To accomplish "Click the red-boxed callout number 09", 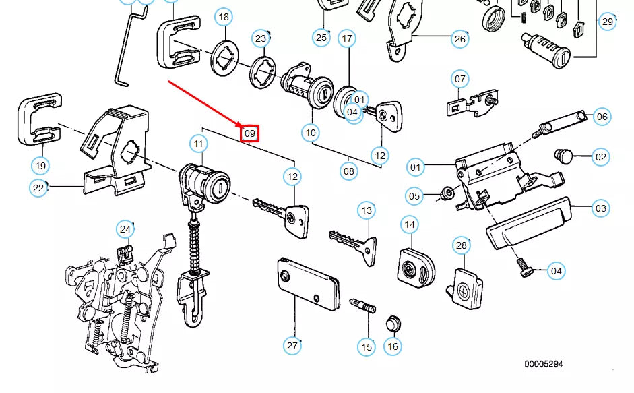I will (x=250, y=133).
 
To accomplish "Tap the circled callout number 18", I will (x=224, y=17).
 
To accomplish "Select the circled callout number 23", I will (x=261, y=39).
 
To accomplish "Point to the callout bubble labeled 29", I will (x=608, y=22).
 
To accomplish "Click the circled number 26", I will (x=459, y=38).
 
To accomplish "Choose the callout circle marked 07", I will (x=459, y=79).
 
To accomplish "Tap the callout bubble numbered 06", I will (x=602, y=117).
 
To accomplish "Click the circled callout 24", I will (x=125, y=230).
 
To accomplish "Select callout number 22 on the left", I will (x=38, y=188).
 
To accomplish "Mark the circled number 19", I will (x=40, y=165).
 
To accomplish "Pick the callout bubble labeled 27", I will (x=292, y=346).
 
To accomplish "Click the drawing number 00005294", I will (x=544, y=364).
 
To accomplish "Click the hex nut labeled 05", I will (x=445, y=195).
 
